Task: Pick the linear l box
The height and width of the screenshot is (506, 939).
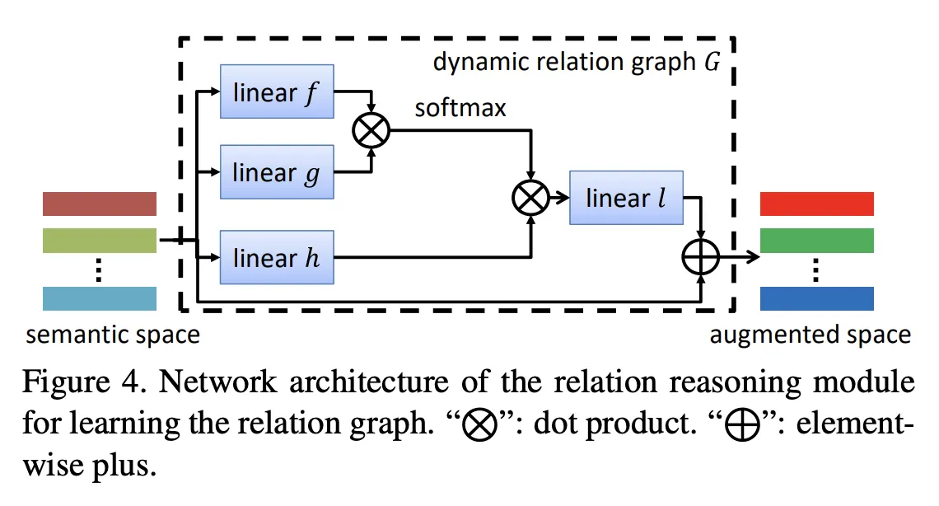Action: click(626, 199)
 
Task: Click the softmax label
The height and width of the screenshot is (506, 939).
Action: click(460, 108)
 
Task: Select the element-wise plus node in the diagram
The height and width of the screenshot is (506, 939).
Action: click(701, 259)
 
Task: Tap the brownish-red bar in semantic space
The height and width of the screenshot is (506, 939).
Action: click(99, 203)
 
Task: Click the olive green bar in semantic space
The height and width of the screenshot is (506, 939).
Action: click(99, 240)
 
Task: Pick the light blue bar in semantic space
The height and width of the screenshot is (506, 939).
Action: click(99, 298)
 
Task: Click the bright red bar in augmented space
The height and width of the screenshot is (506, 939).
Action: click(816, 203)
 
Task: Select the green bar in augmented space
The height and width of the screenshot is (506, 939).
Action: click(816, 240)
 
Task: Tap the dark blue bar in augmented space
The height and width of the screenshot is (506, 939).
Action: click(816, 298)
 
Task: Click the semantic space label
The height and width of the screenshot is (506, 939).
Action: click(113, 335)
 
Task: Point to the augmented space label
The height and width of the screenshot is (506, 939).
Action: click(811, 335)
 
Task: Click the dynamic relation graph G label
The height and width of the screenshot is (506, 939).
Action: click(577, 63)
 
